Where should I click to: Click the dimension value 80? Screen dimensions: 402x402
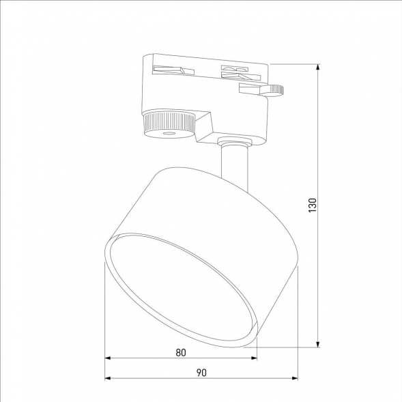click(x=180, y=352)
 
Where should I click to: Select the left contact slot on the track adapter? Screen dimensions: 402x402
click(x=169, y=69)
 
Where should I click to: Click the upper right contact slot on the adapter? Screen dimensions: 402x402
click(x=233, y=69)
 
